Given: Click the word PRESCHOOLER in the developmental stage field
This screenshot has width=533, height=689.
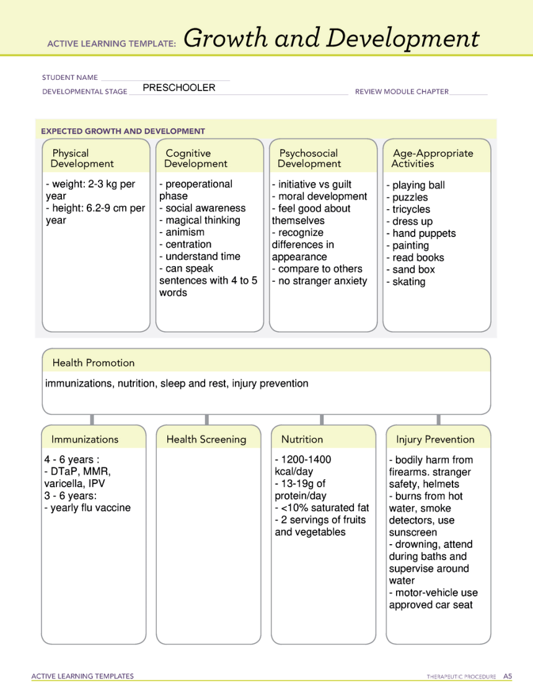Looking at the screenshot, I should (x=179, y=88).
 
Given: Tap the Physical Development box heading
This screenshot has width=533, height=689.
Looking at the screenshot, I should (x=82, y=158).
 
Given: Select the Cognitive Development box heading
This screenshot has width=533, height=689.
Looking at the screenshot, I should (x=195, y=158).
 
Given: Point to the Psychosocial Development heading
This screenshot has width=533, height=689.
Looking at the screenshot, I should (x=309, y=158).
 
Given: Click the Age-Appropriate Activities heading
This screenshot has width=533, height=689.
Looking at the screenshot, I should (x=433, y=158).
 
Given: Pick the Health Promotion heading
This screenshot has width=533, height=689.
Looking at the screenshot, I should (x=94, y=363).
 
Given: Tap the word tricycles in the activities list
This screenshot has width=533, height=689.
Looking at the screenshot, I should (x=411, y=209).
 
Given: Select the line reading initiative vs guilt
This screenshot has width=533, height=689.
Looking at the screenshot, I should (x=314, y=184).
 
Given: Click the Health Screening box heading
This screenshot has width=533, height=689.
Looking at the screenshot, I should (x=206, y=440).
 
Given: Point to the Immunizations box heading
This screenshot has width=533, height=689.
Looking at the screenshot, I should (x=85, y=440).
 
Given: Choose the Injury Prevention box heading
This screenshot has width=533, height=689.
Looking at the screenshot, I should (x=435, y=440).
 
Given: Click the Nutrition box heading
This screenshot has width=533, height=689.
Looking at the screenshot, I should (x=302, y=440).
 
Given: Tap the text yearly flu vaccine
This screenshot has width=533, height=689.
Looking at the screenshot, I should (x=90, y=508).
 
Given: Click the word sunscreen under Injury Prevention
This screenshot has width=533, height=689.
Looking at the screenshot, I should (x=413, y=532).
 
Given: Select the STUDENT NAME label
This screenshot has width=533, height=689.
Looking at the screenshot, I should (x=70, y=77).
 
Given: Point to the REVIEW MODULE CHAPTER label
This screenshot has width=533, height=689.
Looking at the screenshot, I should (x=402, y=92).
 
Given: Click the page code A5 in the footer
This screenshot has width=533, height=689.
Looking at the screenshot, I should (x=507, y=676).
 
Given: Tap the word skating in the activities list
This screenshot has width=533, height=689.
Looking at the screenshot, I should (x=409, y=282).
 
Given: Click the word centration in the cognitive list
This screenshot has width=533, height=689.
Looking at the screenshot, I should (x=188, y=245).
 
